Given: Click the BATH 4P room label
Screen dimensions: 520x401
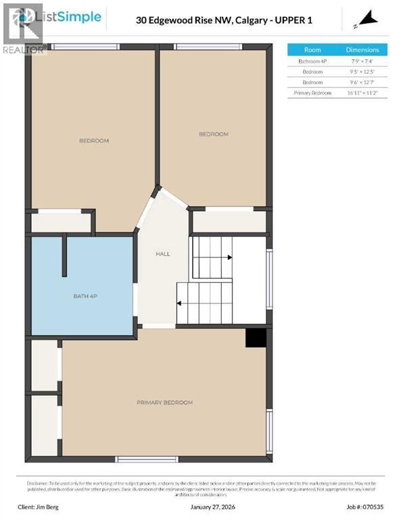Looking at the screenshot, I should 86,297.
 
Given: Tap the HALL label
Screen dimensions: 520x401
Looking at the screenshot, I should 163,254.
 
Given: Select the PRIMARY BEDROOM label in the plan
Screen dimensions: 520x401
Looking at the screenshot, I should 164,402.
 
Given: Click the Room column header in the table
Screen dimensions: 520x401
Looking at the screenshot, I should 312,50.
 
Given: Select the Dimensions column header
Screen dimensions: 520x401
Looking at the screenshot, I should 362,50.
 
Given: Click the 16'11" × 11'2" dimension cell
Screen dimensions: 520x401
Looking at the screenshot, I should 362,93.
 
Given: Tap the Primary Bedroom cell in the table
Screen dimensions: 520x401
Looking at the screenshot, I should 312,93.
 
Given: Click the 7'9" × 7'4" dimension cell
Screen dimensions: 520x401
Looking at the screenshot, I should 362,61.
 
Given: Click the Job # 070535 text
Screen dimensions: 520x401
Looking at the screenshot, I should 364,506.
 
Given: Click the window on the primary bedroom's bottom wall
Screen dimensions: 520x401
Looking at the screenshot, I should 147,459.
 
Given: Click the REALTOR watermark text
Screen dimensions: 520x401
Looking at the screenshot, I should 24,49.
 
